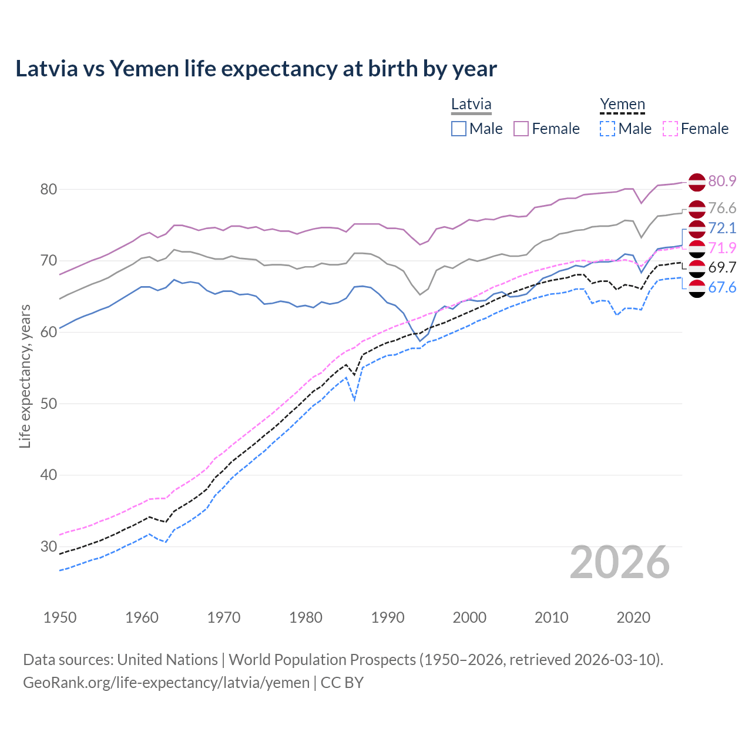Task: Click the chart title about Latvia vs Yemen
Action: point(256,69)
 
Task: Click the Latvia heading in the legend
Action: point(471,105)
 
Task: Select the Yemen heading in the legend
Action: point(622,105)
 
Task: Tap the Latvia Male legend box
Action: point(459,129)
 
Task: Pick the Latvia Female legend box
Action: point(521,129)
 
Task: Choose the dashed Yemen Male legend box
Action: point(607,129)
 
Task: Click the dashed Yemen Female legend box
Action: point(670,129)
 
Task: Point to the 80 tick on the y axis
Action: point(48,189)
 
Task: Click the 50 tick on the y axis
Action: point(48,404)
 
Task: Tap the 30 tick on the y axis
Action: point(48,546)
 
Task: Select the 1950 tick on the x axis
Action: point(60,617)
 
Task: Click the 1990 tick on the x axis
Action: point(388,617)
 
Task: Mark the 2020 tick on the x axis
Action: point(633,617)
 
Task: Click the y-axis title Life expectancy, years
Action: point(25,376)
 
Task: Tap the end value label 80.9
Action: point(722,181)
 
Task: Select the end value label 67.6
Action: point(722,287)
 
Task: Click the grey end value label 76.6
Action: point(722,208)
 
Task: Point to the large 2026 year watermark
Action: point(620,563)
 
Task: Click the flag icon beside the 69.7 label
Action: point(697,268)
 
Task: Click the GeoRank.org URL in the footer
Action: point(166,683)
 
